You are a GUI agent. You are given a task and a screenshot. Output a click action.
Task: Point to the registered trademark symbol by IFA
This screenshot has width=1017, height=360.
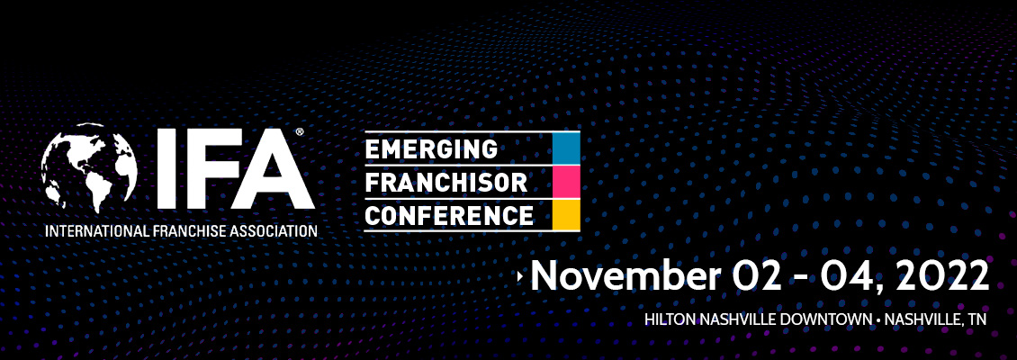300,131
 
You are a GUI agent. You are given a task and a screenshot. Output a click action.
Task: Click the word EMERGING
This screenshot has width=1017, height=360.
431,149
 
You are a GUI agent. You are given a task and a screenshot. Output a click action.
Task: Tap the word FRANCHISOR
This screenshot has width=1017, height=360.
446,182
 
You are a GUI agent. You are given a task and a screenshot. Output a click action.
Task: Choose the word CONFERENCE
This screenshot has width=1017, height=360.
449,214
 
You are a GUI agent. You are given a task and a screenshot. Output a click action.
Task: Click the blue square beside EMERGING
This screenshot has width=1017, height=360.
565,148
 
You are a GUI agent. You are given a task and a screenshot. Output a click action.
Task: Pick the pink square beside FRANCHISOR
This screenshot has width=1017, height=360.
565,181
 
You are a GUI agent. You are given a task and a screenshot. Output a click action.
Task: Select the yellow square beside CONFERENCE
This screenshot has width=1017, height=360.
565,215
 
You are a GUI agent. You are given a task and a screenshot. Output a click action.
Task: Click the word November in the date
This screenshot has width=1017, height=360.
625,274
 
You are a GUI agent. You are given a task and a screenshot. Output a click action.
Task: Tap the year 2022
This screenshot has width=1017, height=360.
944,275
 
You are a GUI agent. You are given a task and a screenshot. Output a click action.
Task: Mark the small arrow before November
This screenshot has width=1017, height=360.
520,276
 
